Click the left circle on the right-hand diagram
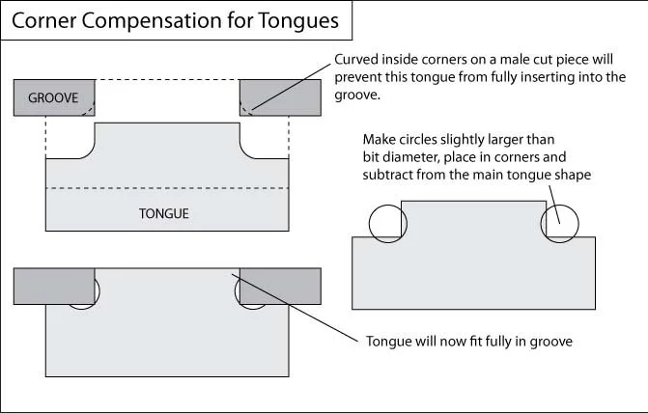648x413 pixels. coord(385,223)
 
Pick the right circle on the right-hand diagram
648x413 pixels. coord(561,223)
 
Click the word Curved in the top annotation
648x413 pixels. coord(358,57)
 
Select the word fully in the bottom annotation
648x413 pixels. coord(502,341)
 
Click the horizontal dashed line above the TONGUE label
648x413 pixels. coord(167,188)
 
